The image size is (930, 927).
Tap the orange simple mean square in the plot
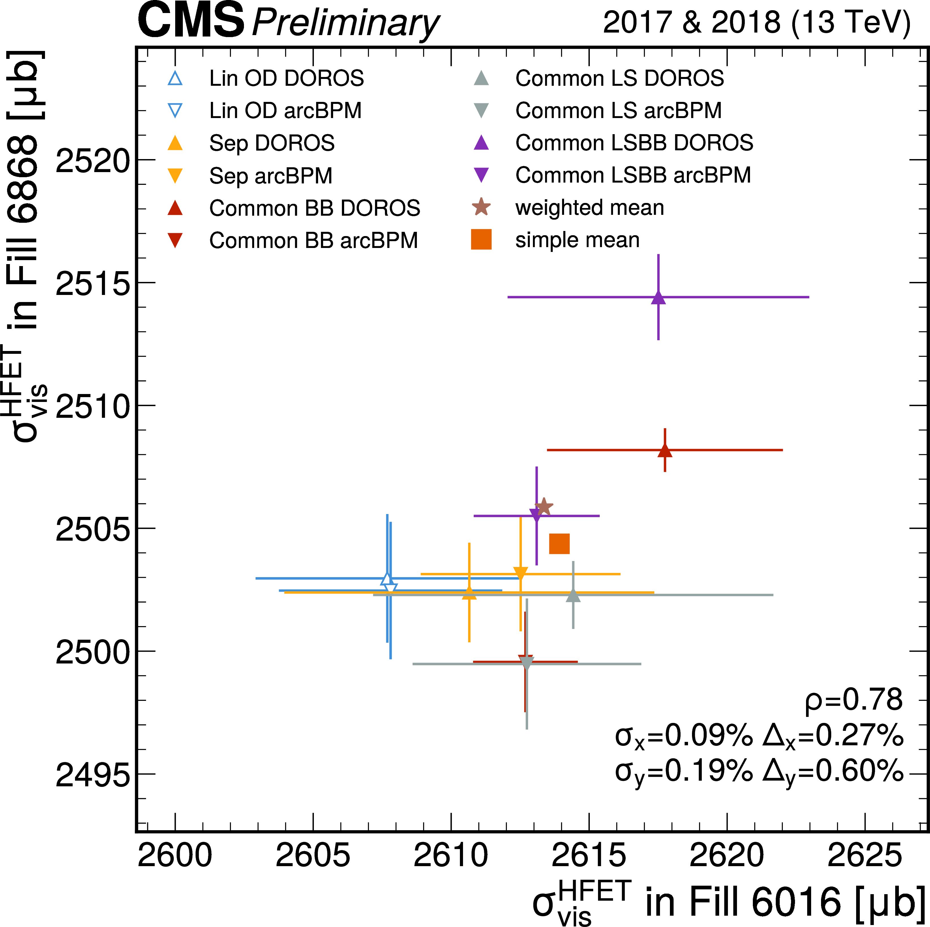[x=559, y=544]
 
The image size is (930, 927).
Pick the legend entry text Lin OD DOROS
[x=286, y=78]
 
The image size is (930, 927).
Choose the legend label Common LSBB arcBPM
[x=633, y=175]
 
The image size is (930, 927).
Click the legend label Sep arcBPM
[x=271, y=176]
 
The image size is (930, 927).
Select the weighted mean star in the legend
[x=481, y=207]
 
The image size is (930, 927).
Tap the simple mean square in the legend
[x=481, y=240]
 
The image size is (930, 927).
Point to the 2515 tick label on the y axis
[x=93, y=284]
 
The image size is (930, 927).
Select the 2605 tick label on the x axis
[x=313, y=855]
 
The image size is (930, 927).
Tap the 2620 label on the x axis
[x=727, y=855]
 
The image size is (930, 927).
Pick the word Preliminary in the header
[x=345, y=23]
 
